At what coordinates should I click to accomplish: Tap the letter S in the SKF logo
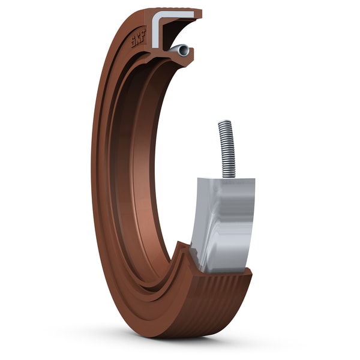(x=134, y=44)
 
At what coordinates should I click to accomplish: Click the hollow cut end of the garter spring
(x=181, y=50)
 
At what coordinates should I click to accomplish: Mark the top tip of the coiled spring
(x=224, y=122)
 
